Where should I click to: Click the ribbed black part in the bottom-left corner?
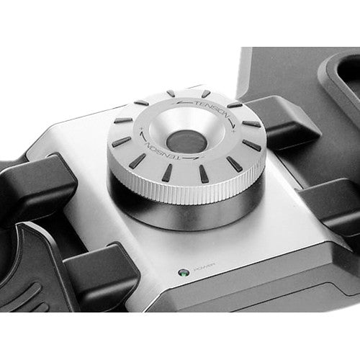25,295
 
